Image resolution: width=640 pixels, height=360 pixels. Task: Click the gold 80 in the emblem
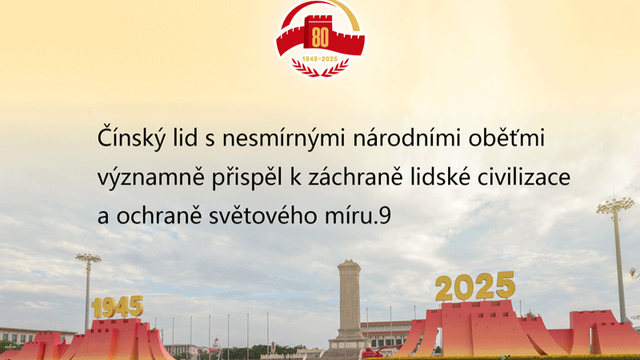click(320, 38)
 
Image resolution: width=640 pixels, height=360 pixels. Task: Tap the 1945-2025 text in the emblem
click(320, 58)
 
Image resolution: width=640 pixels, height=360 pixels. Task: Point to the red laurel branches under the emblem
click(320, 68)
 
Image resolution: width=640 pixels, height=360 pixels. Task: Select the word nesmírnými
click(284, 138)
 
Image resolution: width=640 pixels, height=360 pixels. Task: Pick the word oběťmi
click(506, 137)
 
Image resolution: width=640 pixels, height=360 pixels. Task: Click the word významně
click(150, 178)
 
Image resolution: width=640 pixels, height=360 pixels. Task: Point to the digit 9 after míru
click(385, 216)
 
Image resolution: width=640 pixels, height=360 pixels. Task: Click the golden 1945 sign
click(118, 307)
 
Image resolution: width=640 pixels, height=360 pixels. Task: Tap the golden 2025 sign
click(475, 286)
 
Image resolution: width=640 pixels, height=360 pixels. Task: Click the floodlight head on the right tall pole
click(615, 206)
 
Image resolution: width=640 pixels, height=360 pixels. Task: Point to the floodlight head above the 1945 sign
click(88, 258)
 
